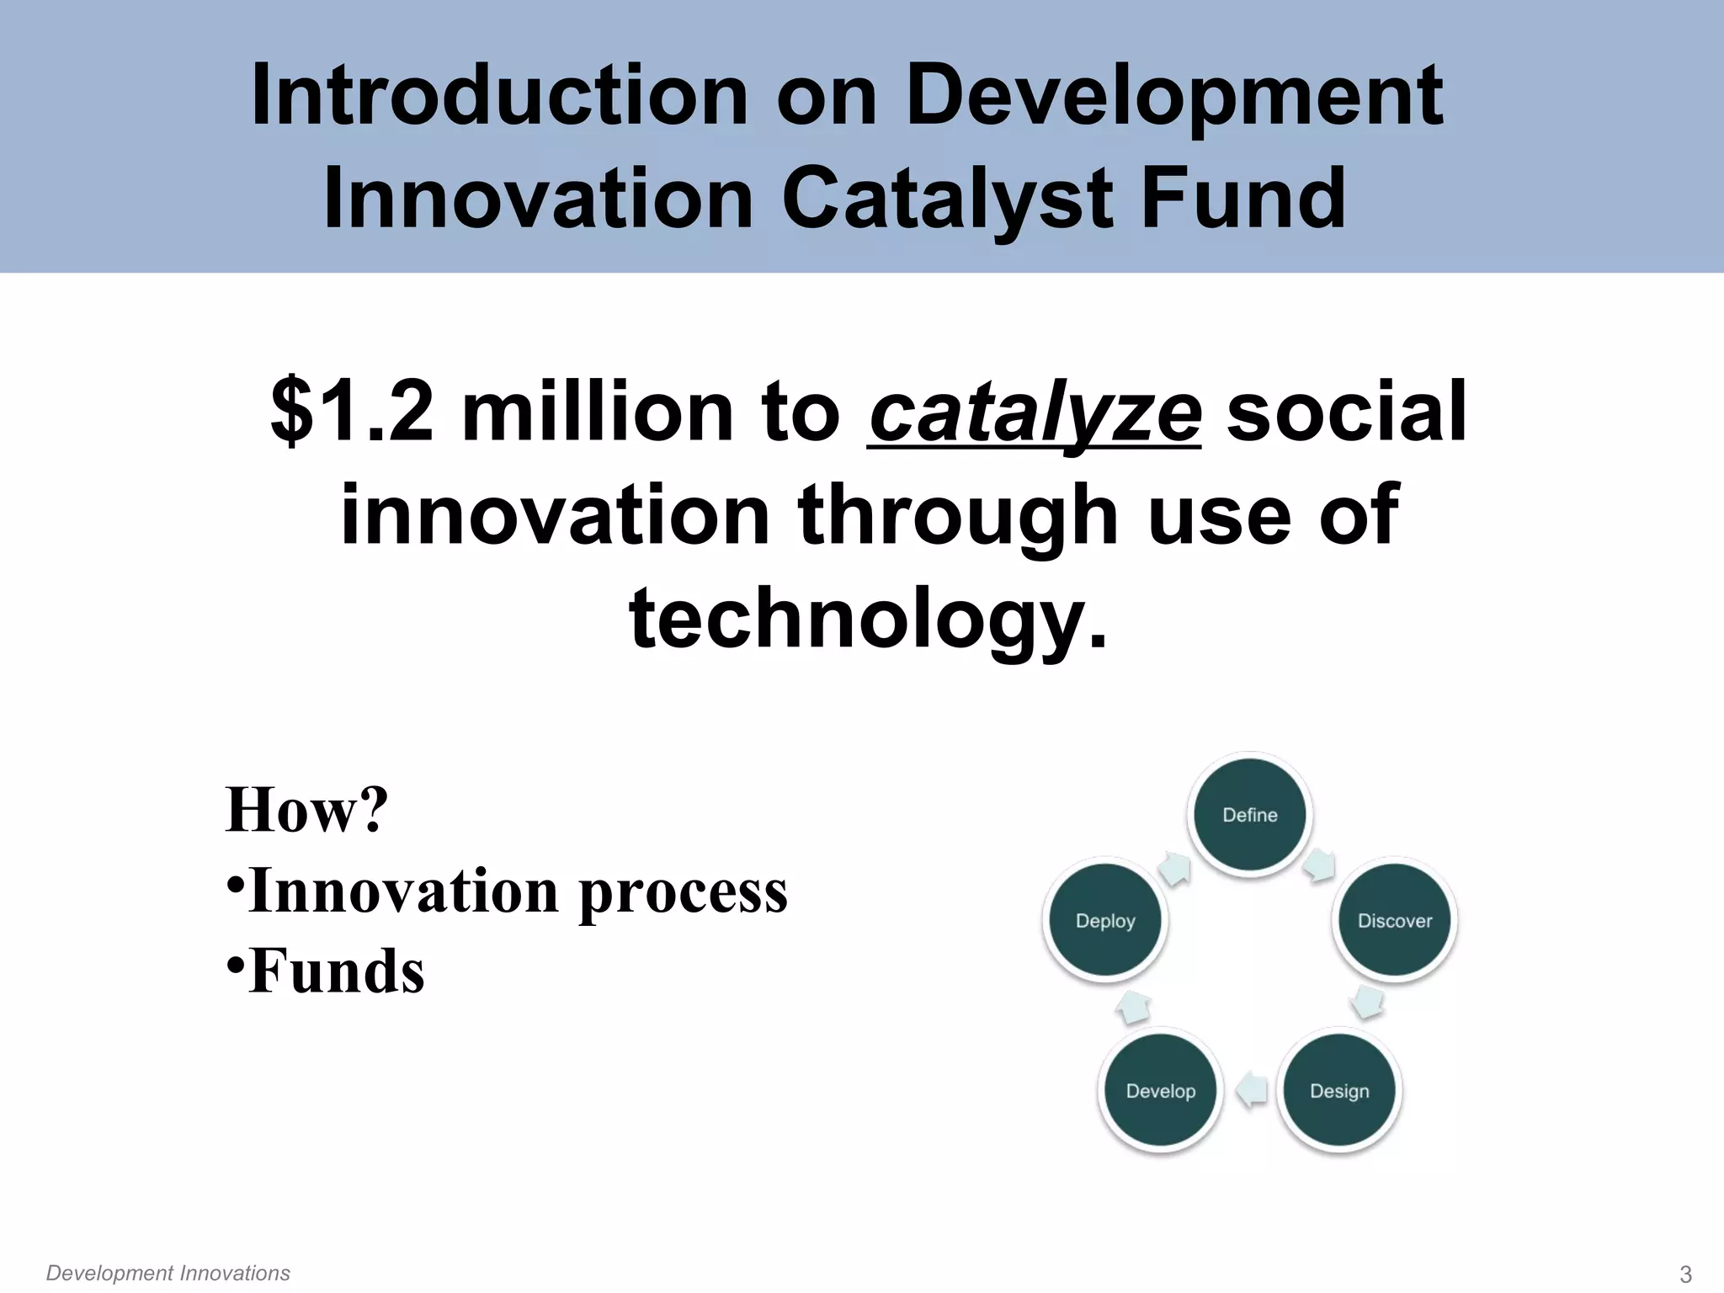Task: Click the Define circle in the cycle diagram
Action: (x=1250, y=814)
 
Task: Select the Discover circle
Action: (x=1395, y=920)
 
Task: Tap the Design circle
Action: (x=1339, y=1091)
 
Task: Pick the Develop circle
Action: (x=1161, y=1091)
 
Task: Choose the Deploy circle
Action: (x=1105, y=920)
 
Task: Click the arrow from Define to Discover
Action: (x=1319, y=866)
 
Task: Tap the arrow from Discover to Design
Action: (x=1367, y=1003)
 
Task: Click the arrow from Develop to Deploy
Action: (x=1133, y=1007)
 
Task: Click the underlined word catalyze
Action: (x=1034, y=412)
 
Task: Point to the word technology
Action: (x=867, y=620)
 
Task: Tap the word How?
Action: (x=306, y=810)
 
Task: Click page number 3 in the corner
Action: (x=1685, y=1274)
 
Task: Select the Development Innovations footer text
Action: (x=168, y=1273)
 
